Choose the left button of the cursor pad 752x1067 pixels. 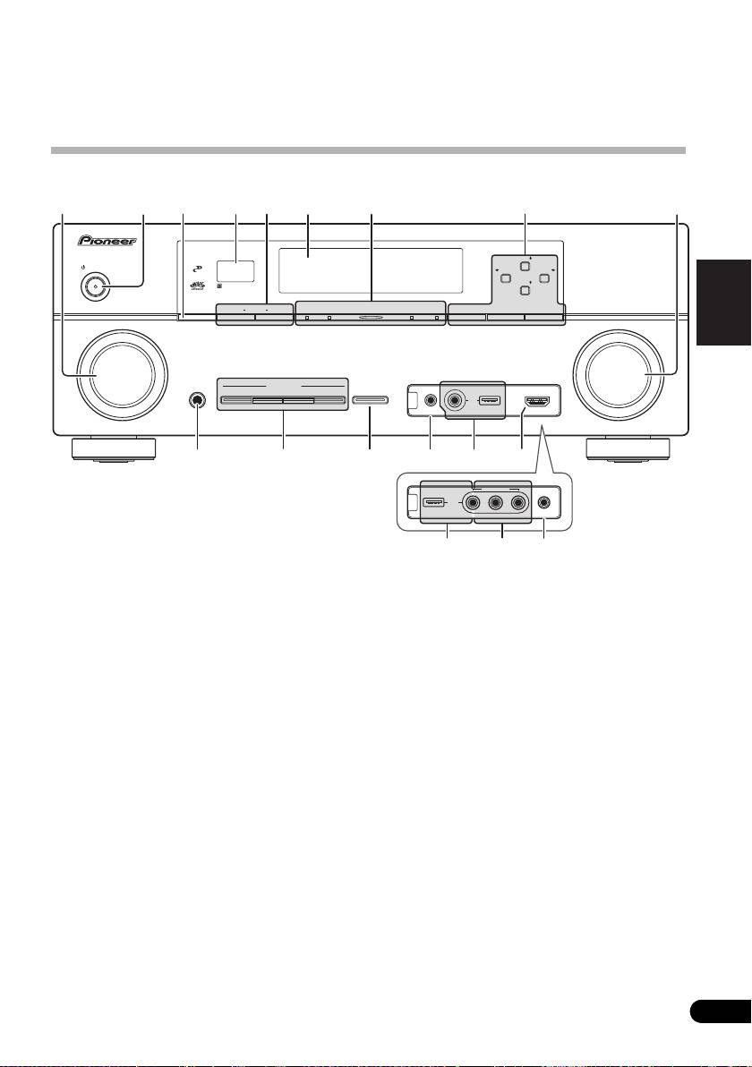[x=507, y=277]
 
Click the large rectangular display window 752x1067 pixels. [x=370, y=268]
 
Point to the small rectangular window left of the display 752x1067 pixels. [x=234, y=270]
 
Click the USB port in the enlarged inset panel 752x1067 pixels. [x=436, y=501]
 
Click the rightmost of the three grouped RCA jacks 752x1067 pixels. [x=517, y=501]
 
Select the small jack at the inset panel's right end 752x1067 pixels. [x=545, y=501]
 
